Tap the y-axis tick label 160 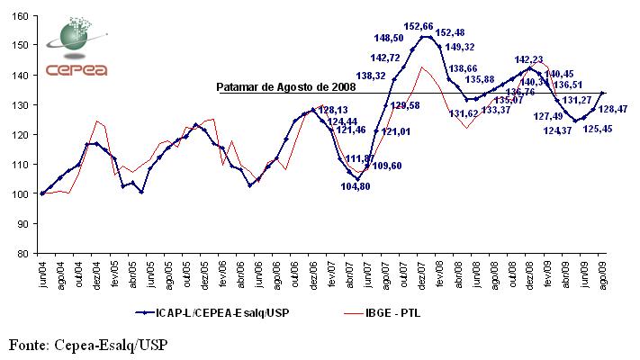coord(19,15)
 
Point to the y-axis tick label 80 coord(22,253)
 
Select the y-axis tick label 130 coord(19,104)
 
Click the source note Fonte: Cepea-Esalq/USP coord(89,344)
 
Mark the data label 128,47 coord(617,109)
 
